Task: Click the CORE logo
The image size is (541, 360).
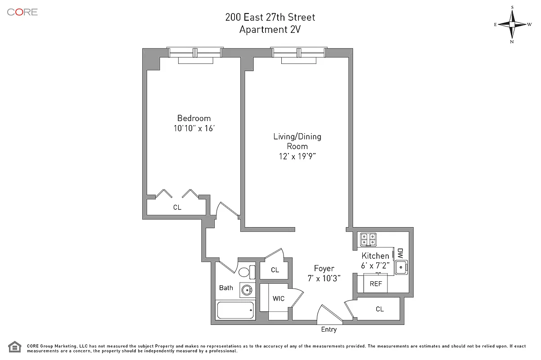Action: [x=22, y=12]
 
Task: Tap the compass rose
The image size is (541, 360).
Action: [x=512, y=24]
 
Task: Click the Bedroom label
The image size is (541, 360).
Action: [x=194, y=118]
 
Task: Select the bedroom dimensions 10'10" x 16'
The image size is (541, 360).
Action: [x=194, y=128]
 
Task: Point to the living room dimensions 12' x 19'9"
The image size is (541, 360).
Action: [x=298, y=156]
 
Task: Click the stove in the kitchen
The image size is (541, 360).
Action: [x=368, y=239]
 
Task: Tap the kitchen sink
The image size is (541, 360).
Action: [x=401, y=267]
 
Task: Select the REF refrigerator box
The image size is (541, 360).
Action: [x=375, y=283]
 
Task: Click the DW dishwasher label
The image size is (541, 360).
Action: [x=400, y=253]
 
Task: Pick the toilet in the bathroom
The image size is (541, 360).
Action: [x=247, y=272]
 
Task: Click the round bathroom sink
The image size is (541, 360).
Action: [x=247, y=290]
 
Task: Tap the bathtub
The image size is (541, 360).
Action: [x=235, y=310]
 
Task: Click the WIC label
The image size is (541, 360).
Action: [x=279, y=299]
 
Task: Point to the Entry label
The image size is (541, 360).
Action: [x=329, y=329]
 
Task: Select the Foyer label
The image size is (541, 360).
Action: [x=324, y=268]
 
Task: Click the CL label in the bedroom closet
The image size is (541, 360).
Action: [x=177, y=207]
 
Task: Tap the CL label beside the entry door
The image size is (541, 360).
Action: [x=380, y=309]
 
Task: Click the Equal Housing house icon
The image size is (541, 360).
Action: [x=14, y=347]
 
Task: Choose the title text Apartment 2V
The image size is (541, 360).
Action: [x=270, y=29]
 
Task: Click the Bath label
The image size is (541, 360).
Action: [x=226, y=288]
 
